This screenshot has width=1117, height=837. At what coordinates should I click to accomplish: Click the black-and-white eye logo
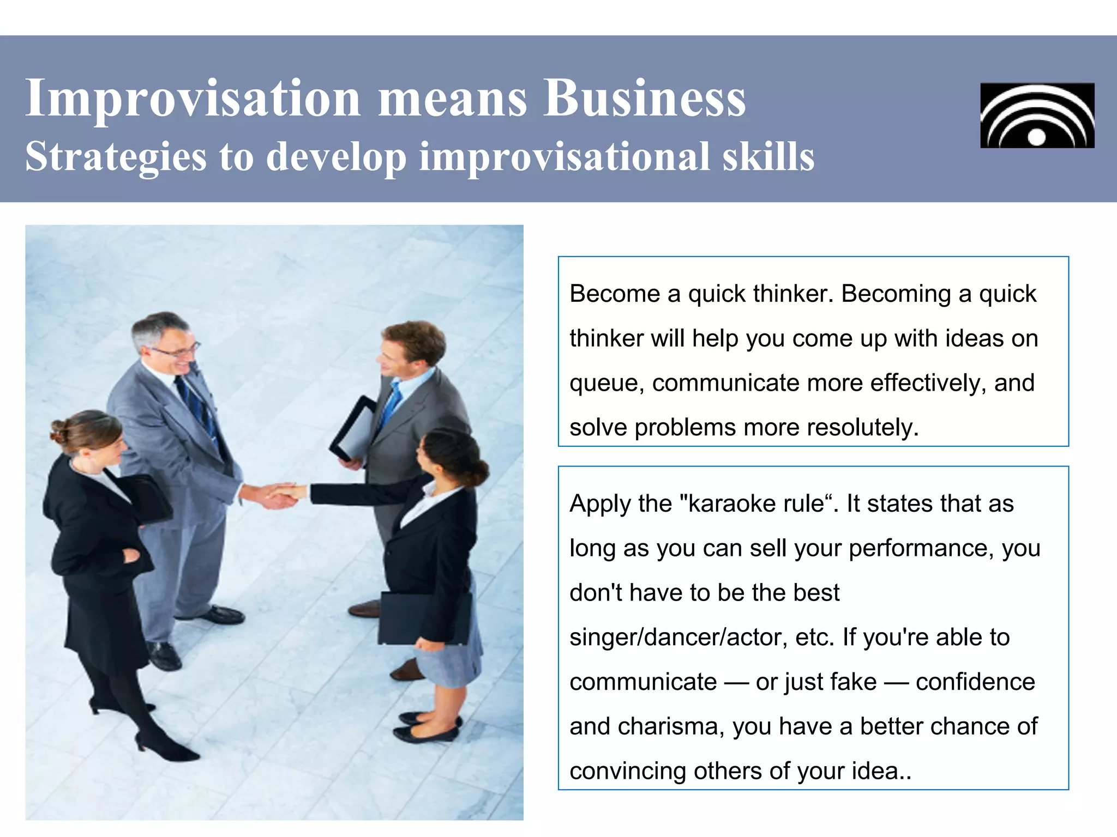[x=1037, y=116]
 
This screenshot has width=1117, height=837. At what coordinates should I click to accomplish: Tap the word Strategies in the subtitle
[x=116, y=157]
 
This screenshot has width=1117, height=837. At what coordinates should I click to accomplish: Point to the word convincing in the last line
[x=627, y=771]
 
